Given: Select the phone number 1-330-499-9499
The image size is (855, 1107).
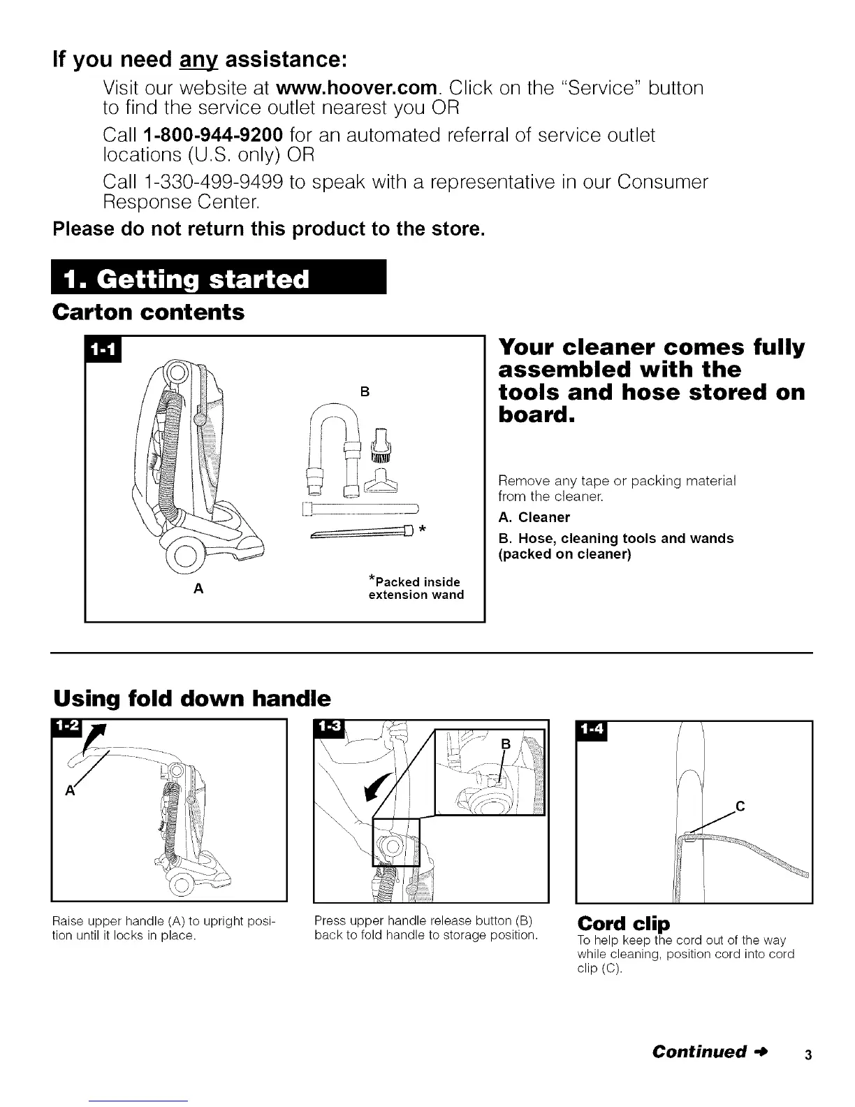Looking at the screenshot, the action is (x=212, y=183).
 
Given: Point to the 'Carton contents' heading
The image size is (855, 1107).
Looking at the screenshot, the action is (x=149, y=312).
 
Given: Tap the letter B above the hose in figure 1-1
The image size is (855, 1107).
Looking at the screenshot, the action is (x=364, y=391).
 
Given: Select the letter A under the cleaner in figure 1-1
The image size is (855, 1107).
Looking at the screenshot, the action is (x=198, y=589).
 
